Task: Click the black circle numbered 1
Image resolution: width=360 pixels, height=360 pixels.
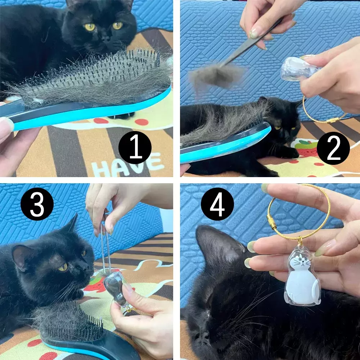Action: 135,147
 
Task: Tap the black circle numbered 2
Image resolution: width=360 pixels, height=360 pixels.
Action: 333,148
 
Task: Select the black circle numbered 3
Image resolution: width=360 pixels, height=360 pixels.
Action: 37,204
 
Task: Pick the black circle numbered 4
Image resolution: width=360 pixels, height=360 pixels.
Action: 217,204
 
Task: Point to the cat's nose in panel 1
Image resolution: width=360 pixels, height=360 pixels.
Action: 106,39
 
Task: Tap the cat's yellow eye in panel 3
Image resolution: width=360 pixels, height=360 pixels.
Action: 62,267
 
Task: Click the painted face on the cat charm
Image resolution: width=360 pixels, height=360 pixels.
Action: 301,261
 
